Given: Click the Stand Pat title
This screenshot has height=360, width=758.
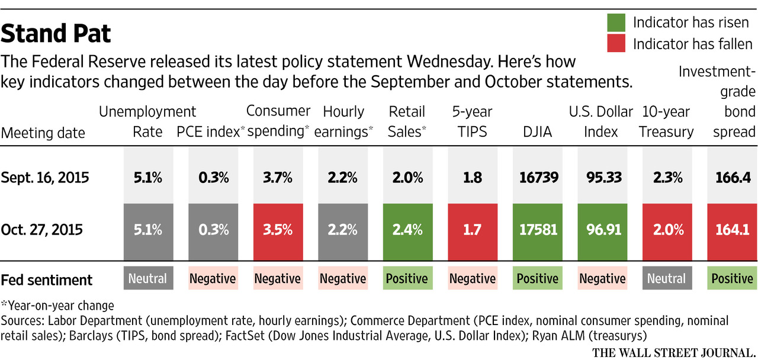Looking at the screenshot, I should click(x=56, y=33).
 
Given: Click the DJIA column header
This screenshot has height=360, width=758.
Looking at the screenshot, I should click(x=537, y=132).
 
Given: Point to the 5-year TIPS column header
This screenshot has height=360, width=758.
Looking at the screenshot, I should click(x=472, y=121).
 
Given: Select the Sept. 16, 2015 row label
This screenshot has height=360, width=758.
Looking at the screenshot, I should click(x=46, y=178).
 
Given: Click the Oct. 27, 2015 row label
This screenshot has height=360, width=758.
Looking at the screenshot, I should click(x=44, y=229).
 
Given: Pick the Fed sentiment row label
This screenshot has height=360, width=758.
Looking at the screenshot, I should click(x=47, y=279).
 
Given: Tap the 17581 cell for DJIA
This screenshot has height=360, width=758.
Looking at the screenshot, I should click(x=537, y=229).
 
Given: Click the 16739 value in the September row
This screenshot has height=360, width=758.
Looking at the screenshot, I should click(x=537, y=178).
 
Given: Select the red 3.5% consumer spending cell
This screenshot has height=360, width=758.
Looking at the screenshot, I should click(x=277, y=229).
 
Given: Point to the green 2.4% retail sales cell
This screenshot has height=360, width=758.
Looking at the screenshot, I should click(x=407, y=229).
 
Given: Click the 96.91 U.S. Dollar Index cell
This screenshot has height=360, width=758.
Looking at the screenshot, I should click(x=602, y=229).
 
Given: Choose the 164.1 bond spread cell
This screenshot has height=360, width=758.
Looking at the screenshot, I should click(x=733, y=229).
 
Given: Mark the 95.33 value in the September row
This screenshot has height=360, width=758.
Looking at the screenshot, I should click(x=602, y=178).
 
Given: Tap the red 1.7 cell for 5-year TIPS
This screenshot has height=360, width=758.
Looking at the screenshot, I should click(x=472, y=229).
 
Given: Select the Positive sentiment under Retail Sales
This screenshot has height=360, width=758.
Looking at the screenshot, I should click(x=407, y=278).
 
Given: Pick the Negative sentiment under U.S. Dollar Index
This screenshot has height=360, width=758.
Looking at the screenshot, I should click(x=602, y=278).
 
